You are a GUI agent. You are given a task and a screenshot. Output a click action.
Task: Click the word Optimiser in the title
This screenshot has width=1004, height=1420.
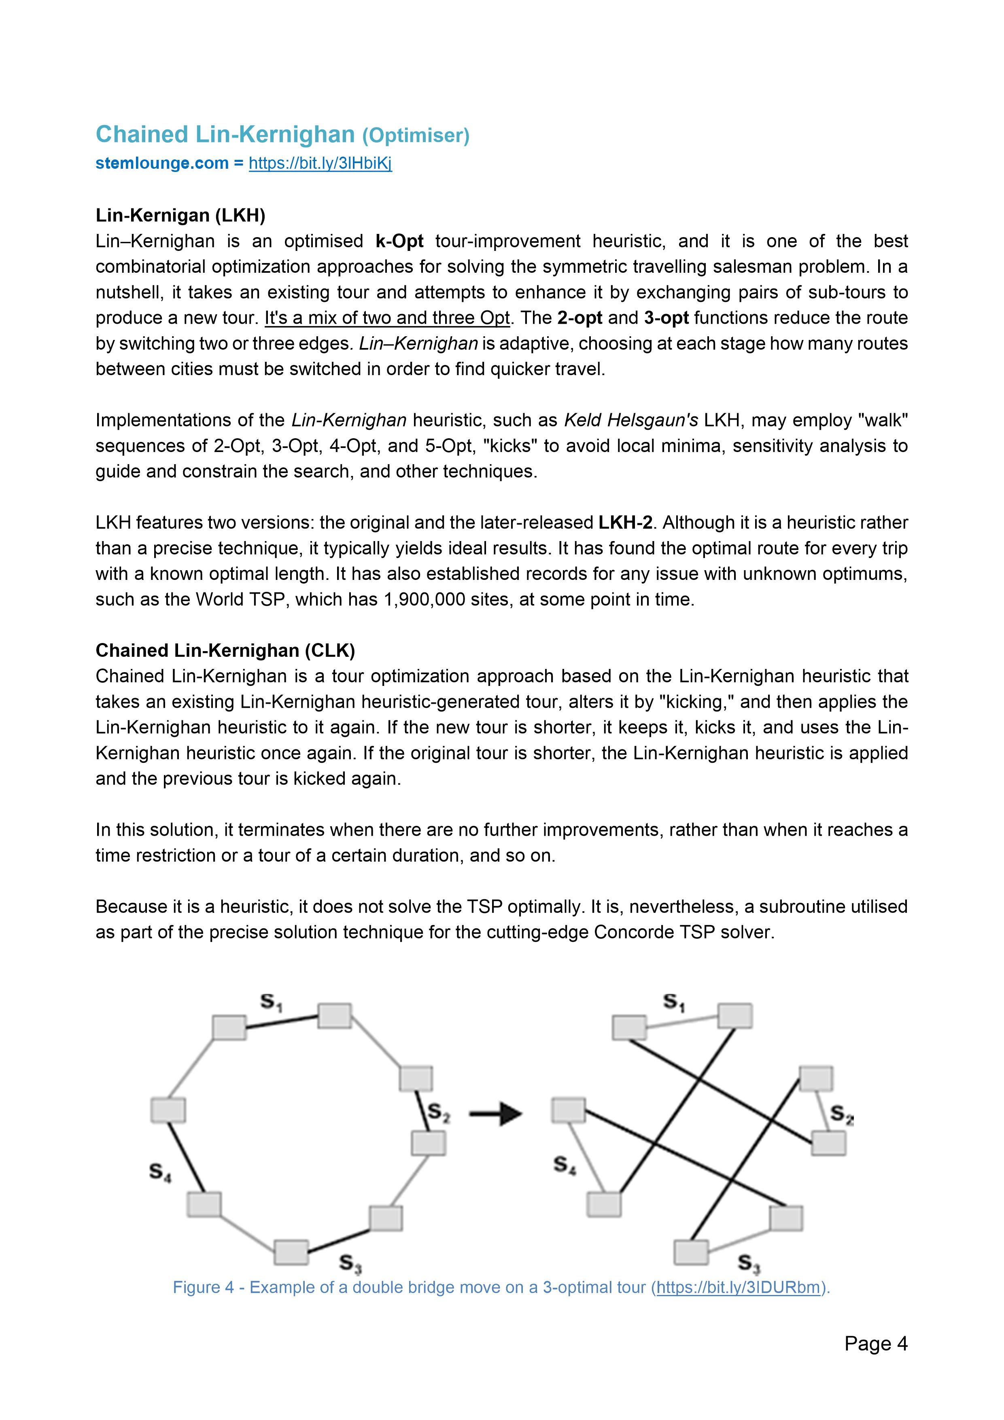pyautogui.click(x=416, y=136)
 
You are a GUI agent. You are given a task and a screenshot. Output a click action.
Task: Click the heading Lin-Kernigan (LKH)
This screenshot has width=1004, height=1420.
pyautogui.click(x=180, y=215)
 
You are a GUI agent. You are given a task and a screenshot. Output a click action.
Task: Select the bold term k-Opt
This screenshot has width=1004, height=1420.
pyautogui.click(x=399, y=241)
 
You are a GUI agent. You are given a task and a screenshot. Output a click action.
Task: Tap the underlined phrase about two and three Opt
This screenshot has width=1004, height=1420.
pyautogui.click(x=386, y=318)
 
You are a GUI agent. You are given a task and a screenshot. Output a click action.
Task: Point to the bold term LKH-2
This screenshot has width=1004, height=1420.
pyautogui.click(x=625, y=522)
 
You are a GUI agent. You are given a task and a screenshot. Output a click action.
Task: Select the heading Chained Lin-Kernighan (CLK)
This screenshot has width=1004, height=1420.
pyautogui.click(x=225, y=651)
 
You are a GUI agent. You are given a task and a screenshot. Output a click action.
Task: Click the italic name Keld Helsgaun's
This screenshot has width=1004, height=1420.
pyautogui.click(x=630, y=420)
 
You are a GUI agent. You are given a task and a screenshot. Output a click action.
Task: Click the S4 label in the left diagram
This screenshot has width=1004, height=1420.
pyautogui.click(x=159, y=1172)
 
